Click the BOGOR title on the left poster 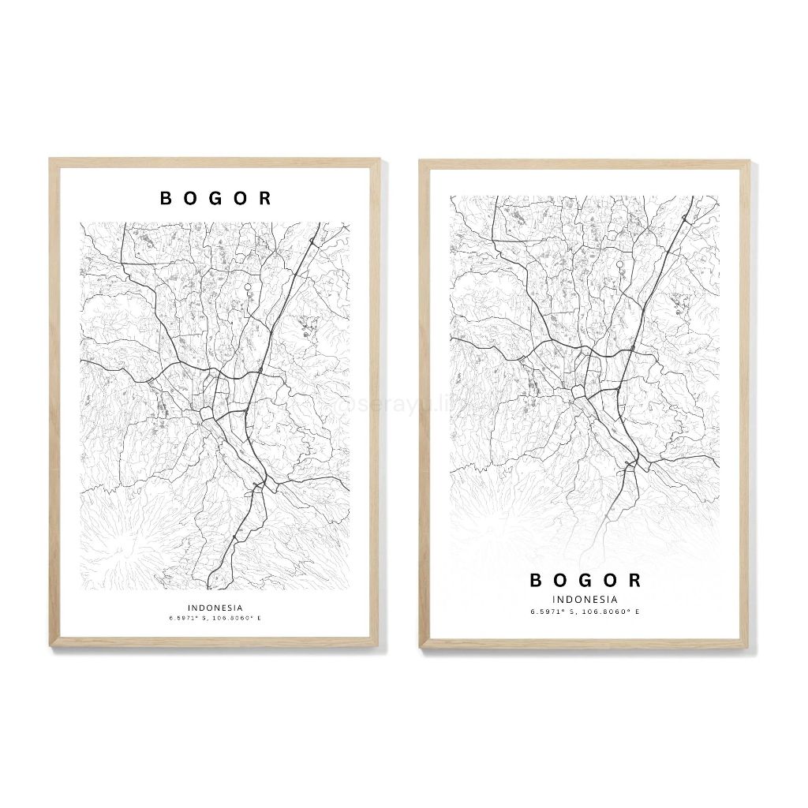click(x=215, y=198)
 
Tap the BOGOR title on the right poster click(x=585, y=581)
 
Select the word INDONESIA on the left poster click(x=215, y=608)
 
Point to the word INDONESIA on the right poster click(x=585, y=600)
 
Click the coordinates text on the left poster click(x=215, y=618)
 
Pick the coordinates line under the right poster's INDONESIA click(x=585, y=612)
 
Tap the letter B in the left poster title click(x=166, y=198)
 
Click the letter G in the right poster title click(x=585, y=581)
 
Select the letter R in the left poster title click(x=265, y=198)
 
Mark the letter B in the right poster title click(x=536, y=581)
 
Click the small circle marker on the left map click(x=249, y=287)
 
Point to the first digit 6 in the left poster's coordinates click(x=170, y=618)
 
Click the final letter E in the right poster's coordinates click(x=638, y=612)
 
